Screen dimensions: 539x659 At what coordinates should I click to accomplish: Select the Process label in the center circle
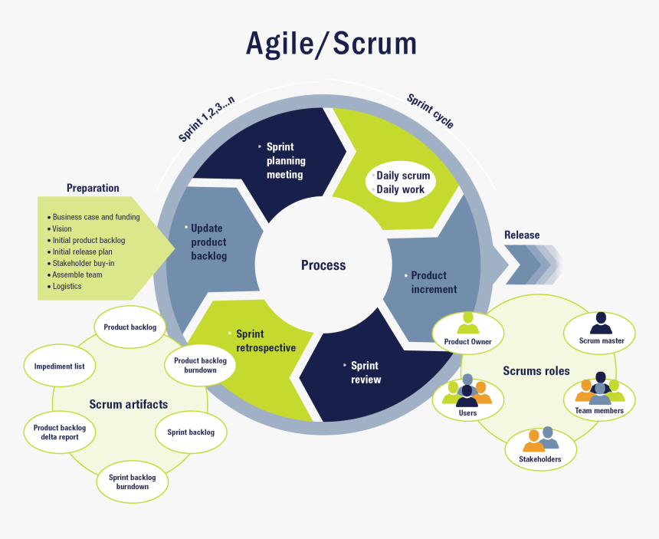pyautogui.click(x=323, y=265)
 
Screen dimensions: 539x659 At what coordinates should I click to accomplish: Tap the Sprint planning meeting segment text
pyautogui.click(x=286, y=160)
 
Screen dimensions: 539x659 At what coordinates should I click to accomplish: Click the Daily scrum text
pyautogui.click(x=403, y=176)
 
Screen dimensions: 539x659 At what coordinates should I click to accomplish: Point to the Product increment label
pyautogui.click(x=433, y=282)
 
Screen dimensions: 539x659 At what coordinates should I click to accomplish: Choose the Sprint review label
pyautogui.click(x=366, y=373)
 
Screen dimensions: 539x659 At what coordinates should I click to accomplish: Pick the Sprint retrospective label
pyautogui.click(x=265, y=340)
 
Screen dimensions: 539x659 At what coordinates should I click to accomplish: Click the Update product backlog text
pyautogui.click(x=208, y=242)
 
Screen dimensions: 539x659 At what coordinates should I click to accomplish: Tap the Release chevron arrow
pyautogui.click(x=532, y=265)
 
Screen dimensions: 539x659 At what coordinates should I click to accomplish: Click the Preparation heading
pyautogui.click(x=93, y=188)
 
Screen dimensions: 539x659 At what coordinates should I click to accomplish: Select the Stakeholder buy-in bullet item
pyautogui.click(x=84, y=263)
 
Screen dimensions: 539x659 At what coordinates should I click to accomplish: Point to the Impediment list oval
pyautogui.click(x=59, y=366)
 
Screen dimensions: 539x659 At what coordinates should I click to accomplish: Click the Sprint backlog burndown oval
pyautogui.click(x=133, y=482)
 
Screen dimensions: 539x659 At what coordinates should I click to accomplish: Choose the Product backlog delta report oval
pyautogui.click(x=60, y=432)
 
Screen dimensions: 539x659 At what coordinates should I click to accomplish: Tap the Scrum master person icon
pyautogui.click(x=601, y=323)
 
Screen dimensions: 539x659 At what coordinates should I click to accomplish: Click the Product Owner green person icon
pyautogui.click(x=467, y=323)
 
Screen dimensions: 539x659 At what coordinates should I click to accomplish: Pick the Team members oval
pyautogui.click(x=599, y=396)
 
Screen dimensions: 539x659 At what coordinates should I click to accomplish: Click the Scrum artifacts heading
pyautogui.click(x=128, y=404)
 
